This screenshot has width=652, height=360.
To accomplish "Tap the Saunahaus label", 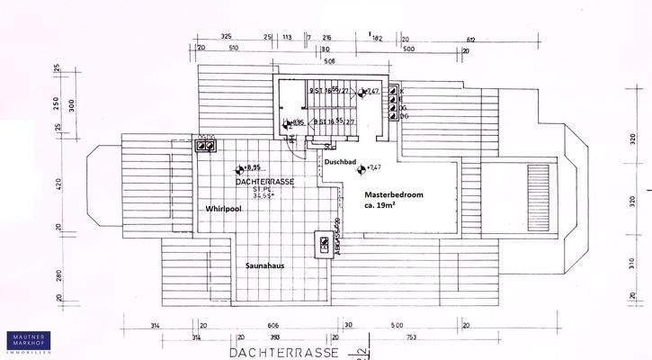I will tap(266, 265).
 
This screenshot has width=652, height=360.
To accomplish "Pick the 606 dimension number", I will tap(273, 325).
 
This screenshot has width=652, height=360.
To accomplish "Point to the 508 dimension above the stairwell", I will tap(304, 62).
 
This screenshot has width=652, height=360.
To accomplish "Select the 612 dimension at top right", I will tap(471, 39).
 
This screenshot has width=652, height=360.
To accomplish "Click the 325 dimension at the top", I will tap(226, 37).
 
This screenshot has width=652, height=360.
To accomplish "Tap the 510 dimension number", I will tap(233, 49).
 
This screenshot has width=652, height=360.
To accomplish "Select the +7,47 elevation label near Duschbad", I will tap(374, 167).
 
